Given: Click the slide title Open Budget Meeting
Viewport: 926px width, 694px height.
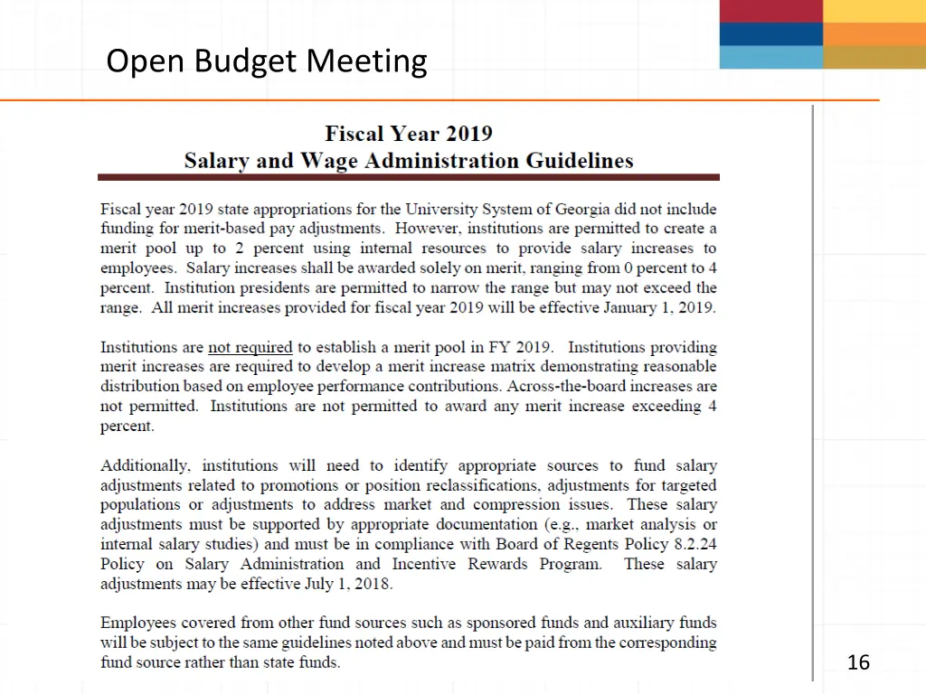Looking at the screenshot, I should [266, 61].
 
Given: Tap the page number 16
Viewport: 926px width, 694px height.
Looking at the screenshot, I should [858, 663].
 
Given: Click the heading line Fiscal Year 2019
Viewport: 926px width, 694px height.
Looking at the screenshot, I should [409, 134].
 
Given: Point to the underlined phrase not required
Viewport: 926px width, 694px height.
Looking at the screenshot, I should [250, 347].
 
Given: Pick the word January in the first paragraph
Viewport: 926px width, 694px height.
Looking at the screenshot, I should [638, 307].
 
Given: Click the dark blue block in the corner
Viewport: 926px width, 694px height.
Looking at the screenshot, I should [770, 34].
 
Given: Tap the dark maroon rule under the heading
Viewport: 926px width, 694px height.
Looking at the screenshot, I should [409, 177].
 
